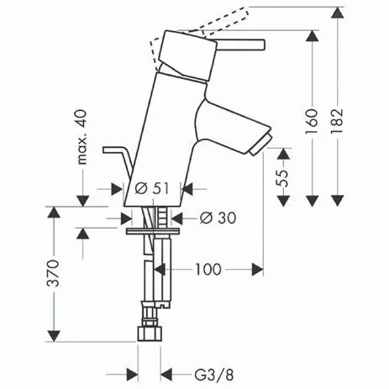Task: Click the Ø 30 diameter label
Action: (218, 218)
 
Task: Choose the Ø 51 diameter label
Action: (152, 189)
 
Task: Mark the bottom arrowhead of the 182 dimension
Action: (339, 200)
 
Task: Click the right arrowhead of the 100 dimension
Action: (257, 270)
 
